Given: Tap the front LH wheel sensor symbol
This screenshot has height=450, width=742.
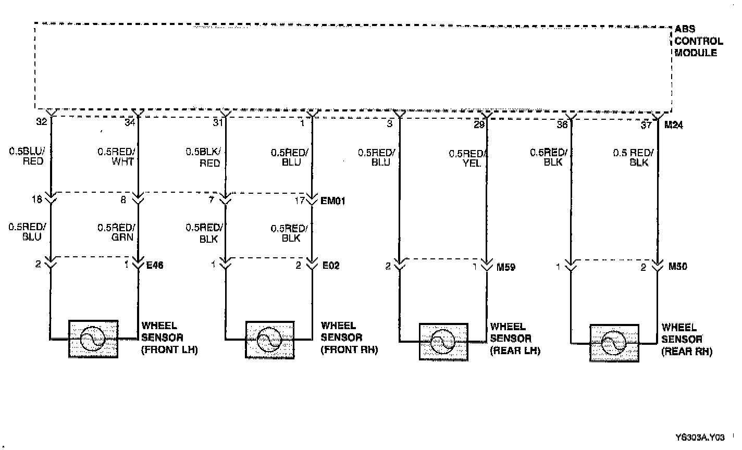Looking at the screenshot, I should [93, 339].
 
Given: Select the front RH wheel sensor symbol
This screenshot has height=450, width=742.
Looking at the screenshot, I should [269, 340].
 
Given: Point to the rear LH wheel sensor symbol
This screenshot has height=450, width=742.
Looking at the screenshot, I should [443, 342].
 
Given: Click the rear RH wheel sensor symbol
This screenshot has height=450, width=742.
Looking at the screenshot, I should [614, 343].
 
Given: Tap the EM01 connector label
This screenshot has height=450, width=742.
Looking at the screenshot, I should [333, 200].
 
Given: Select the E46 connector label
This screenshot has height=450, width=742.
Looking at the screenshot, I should [155, 265].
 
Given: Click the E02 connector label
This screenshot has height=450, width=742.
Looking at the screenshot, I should [331, 265].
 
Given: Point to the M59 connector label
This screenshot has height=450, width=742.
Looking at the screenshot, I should [505, 267].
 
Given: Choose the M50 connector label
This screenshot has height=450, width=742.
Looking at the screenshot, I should [677, 267].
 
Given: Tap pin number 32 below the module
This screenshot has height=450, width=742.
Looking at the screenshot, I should [42, 123].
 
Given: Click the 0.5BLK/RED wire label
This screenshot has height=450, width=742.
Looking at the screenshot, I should [204, 157].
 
